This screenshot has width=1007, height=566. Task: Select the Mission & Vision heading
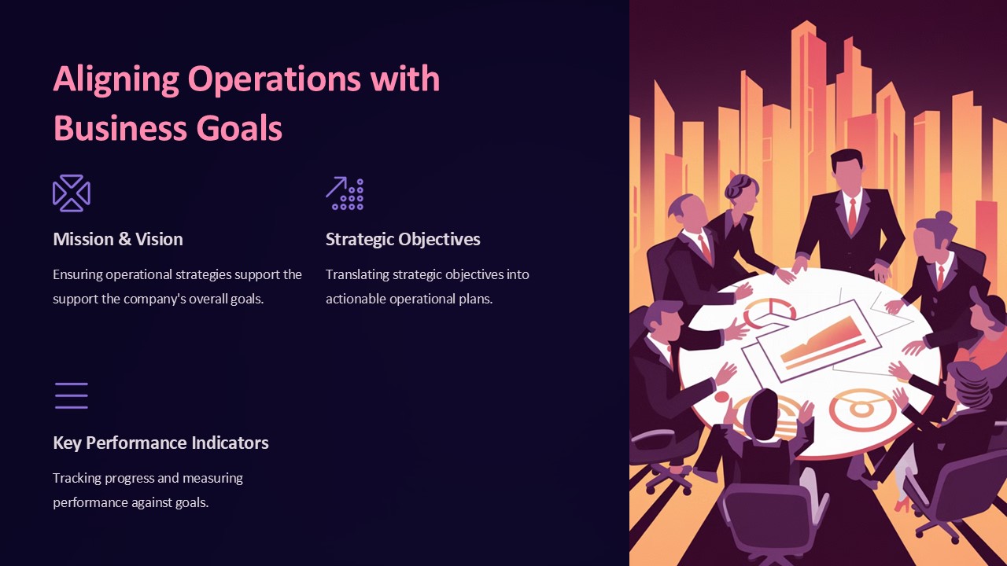[x=118, y=239]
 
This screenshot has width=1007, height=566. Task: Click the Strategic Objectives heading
[x=403, y=240]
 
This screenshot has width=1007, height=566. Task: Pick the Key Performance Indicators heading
[x=161, y=443]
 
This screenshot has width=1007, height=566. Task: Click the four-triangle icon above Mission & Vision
[x=72, y=193]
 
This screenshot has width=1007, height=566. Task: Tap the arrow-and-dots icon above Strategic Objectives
[x=345, y=193]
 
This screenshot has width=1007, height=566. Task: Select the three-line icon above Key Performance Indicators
[x=72, y=395]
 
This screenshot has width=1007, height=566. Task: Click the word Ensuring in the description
[x=77, y=274]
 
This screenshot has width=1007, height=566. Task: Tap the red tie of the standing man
[x=852, y=215]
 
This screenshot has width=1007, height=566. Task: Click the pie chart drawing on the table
[x=769, y=313]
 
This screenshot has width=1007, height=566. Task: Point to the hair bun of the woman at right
[x=942, y=218]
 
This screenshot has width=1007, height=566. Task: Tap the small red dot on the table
[x=721, y=397]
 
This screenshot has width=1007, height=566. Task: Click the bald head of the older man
[x=687, y=211]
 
